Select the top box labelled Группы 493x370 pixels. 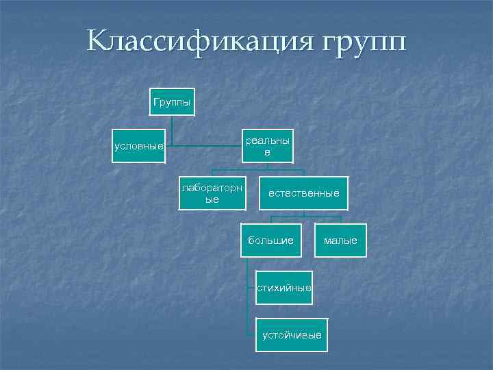click(173, 101)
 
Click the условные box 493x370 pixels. click(139, 146)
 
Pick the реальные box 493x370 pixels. click(267, 146)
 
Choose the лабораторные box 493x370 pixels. click(212, 193)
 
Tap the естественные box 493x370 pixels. click(303, 193)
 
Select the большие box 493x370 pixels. click(271, 240)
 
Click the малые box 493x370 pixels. click(340, 240)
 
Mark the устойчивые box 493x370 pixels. click(292, 334)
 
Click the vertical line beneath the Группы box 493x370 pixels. click(173, 130)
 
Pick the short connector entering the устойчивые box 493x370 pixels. click(251, 334)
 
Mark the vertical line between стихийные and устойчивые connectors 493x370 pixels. click(246, 312)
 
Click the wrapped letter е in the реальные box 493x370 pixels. click(267, 153)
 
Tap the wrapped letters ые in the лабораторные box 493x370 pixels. click(212, 199)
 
